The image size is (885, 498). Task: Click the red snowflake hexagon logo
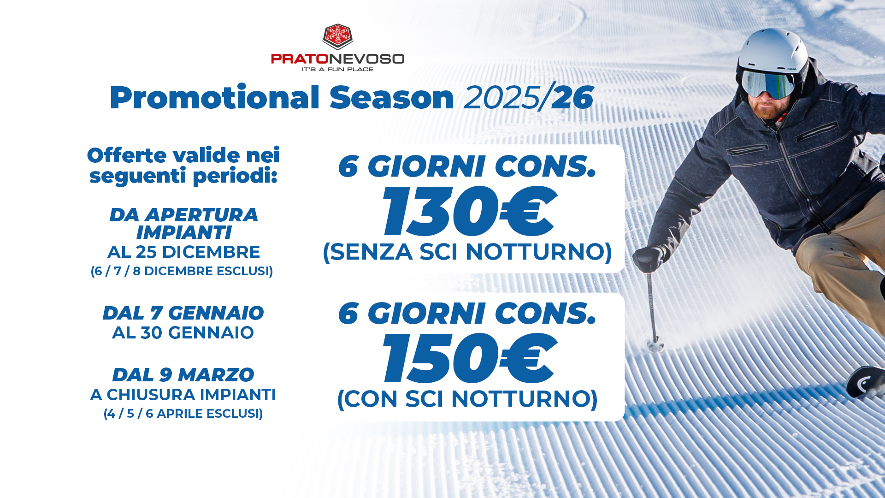tap(338, 36)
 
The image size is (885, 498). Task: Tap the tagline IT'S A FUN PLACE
tap(337, 69)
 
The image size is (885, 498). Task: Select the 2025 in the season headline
tap(501, 98)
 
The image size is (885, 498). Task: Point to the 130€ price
tap(469, 211)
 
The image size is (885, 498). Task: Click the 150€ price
tap(469, 358)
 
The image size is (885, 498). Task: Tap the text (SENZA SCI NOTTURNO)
tap(467, 252)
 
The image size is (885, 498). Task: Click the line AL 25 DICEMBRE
tap(184, 252)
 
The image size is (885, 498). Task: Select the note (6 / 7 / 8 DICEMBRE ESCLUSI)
tap(182, 271)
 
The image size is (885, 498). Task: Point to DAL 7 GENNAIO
tap(183, 313)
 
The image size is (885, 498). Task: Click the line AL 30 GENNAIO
tap(183, 332)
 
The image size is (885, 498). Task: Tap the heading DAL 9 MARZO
tap(183, 375)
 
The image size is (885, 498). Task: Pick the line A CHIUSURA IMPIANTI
tap(183, 395)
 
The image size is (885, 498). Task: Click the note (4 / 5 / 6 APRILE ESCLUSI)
tap(183, 414)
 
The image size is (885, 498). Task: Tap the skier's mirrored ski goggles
tap(767, 84)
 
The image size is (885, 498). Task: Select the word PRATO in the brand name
tap(300, 59)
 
